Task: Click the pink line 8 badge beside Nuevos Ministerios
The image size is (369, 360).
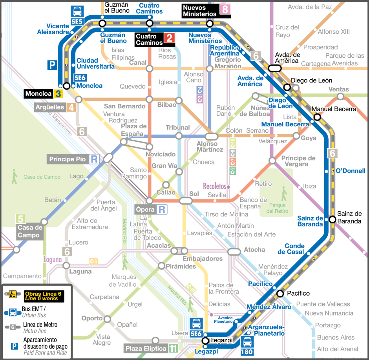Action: [225, 10]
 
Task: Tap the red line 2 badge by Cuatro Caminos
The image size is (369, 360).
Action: [169, 38]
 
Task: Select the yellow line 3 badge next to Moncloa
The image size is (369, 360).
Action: [58, 94]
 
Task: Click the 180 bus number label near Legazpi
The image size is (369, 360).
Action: [247, 351]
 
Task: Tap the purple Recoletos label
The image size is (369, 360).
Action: [215, 186]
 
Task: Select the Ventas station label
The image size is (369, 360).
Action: [338, 89]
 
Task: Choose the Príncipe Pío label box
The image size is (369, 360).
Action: [68, 159]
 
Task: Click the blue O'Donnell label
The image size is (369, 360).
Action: [351, 171]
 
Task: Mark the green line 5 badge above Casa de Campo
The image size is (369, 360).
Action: [20, 219]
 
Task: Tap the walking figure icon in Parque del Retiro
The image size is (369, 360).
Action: [283, 194]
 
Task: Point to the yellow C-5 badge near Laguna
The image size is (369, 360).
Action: [93, 261]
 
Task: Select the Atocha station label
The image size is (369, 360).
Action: [254, 250]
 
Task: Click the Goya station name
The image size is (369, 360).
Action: [309, 138]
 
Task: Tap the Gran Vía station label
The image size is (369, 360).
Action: [164, 166]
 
